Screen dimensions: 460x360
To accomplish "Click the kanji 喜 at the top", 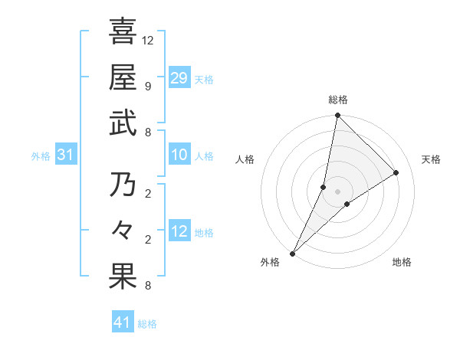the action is (123, 31).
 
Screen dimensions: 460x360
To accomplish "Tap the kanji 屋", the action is (123, 77).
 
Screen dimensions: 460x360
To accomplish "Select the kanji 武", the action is (123, 123).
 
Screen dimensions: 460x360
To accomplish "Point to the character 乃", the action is (123, 185).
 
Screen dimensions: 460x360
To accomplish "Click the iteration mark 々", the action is (123, 231).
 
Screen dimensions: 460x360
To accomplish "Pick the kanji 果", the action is (123, 277).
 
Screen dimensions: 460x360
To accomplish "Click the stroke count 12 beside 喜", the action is (148, 40).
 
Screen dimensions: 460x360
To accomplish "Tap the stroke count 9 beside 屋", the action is (147, 86).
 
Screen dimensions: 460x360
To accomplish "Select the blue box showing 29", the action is (179, 77).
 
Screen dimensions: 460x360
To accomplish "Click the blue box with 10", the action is (179, 155).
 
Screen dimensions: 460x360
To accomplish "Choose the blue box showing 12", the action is (179, 231).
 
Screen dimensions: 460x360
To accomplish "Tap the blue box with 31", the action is (65, 155).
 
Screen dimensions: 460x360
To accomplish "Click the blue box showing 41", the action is (123, 322).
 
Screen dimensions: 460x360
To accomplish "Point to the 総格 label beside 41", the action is (147, 324).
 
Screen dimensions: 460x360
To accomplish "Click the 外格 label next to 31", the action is (41, 156).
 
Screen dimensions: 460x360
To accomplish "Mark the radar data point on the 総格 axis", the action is (337, 116).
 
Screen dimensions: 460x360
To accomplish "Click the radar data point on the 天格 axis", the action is (396, 172).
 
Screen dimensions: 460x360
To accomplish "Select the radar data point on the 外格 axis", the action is (292, 253).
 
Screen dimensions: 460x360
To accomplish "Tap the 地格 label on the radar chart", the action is (402, 262).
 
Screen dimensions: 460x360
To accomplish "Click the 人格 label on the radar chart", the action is (245, 159).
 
